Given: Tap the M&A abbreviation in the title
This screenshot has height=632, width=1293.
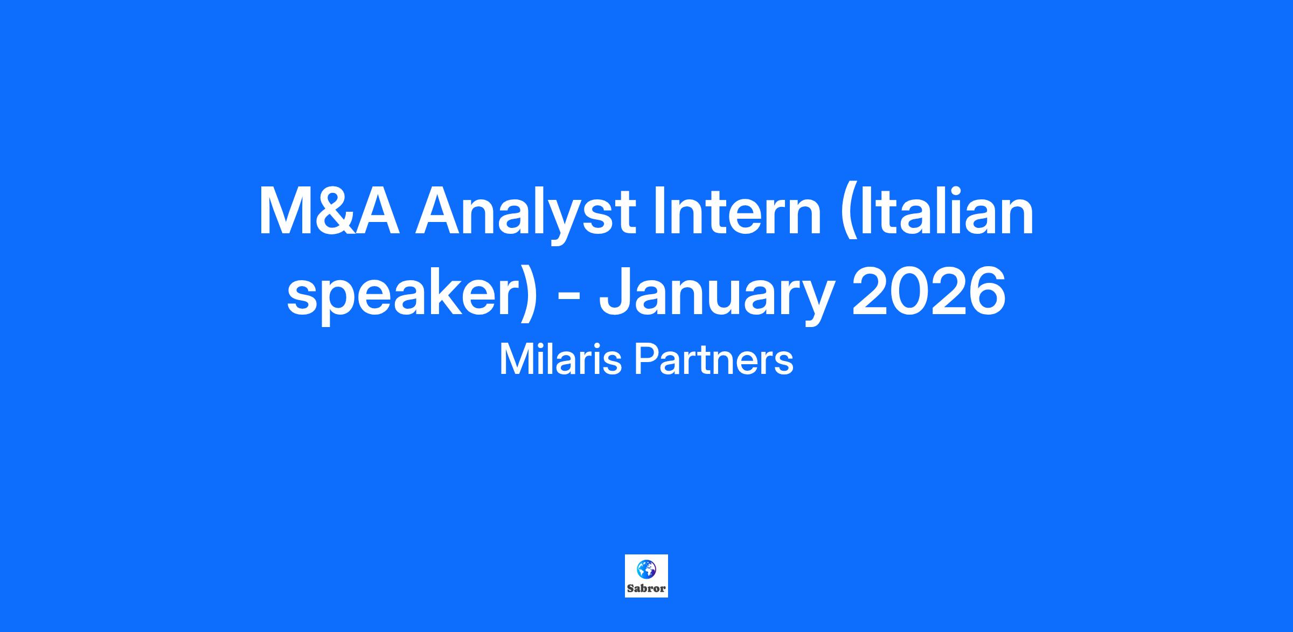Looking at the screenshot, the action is [x=329, y=211].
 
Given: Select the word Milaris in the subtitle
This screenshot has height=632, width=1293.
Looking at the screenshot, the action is [x=561, y=359].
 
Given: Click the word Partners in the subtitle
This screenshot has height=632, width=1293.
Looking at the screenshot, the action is [x=714, y=359].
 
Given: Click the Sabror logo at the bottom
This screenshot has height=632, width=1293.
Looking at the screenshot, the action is [x=646, y=576].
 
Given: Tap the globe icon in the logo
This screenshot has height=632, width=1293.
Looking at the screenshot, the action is [x=646, y=569].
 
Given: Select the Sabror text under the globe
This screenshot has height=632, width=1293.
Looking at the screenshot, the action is [x=646, y=588].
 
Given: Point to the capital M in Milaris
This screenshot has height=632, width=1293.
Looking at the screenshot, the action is [x=515, y=360].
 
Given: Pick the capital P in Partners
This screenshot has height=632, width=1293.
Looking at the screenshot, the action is [x=646, y=360].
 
